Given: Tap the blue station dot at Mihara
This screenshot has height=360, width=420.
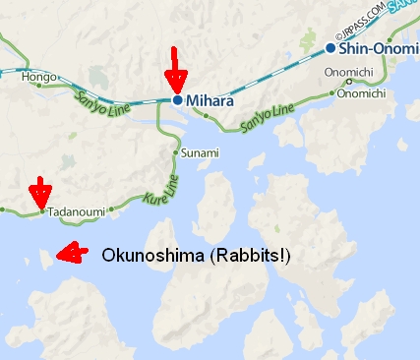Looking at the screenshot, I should point(177,99).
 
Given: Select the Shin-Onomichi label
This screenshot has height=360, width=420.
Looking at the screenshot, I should point(380,47).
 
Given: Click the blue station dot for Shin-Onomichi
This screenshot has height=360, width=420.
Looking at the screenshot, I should point(331,47).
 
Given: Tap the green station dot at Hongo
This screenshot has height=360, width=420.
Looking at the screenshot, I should point(39,86).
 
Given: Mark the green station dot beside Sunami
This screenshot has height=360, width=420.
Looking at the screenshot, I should point(175,153).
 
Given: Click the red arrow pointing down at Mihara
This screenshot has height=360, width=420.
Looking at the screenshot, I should point(175,69).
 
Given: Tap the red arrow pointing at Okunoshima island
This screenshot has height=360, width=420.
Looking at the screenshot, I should point(69,254).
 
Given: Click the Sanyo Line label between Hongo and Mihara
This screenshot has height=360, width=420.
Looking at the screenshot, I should point(98,98).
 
